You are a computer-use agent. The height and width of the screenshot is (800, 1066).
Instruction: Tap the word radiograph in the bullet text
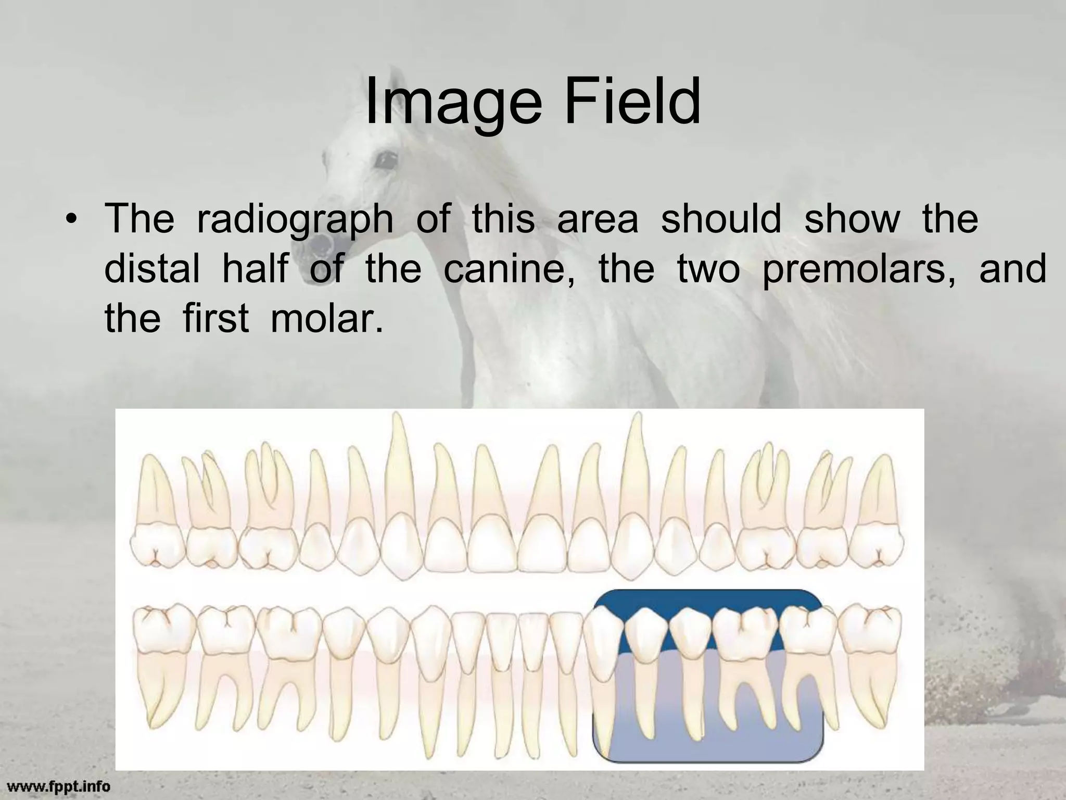point(295,219)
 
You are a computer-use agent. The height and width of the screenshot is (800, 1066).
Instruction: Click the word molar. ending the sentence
point(327,319)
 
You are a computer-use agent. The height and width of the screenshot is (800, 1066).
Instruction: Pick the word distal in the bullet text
point(152,269)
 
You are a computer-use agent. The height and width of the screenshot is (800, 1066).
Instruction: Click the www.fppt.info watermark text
point(55,784)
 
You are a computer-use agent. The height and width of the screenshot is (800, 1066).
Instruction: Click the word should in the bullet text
point(721,219)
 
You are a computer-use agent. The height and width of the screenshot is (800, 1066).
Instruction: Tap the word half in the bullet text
point(255,269)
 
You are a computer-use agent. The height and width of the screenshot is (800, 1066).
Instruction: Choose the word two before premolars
point(708,269)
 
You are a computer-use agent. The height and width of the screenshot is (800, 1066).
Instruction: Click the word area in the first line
point(598,219)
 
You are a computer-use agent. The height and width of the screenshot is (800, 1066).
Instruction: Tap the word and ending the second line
point(1012,269)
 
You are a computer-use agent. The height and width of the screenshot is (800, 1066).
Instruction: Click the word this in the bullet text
point(503,219)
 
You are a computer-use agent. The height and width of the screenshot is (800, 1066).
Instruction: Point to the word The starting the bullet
point(139,219)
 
